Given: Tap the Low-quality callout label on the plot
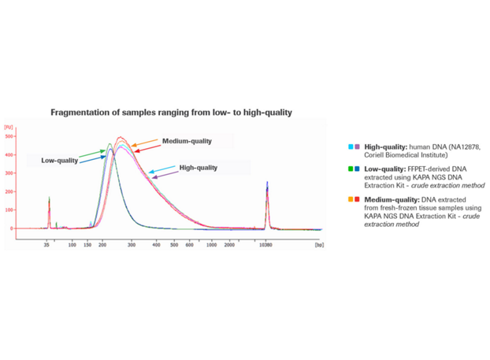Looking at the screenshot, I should pyautogui.click(x=60, y=161).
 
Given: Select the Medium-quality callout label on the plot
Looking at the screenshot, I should pyautogui.click(x=187, y=141).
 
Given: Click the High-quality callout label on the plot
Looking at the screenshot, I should pyautogui.click(x=199, y=168).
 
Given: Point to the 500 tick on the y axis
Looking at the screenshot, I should pyautogui.click(x=10, y=137).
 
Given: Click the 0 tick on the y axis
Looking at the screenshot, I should pyautogui.click(x=13, y=228).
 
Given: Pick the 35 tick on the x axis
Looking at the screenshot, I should pyautogui.click(x=48, y=245).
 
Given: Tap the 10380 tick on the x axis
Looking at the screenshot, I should pyautogui.click(x=267, y=245).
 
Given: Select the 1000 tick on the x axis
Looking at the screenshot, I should pyautogui.click(x=211, y=245).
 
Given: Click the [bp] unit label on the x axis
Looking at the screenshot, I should pyautogui.click(x=319, y=245).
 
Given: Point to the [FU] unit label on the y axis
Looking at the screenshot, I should pyautogui.click(x=9, y=127).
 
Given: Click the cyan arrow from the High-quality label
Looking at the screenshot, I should pyautogui.click(x=161, y=169).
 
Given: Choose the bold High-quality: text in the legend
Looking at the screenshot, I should pyautogui.click(x=385, y=147).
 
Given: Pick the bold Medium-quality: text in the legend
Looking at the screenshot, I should pyautogui.click(x=392, y=199).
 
